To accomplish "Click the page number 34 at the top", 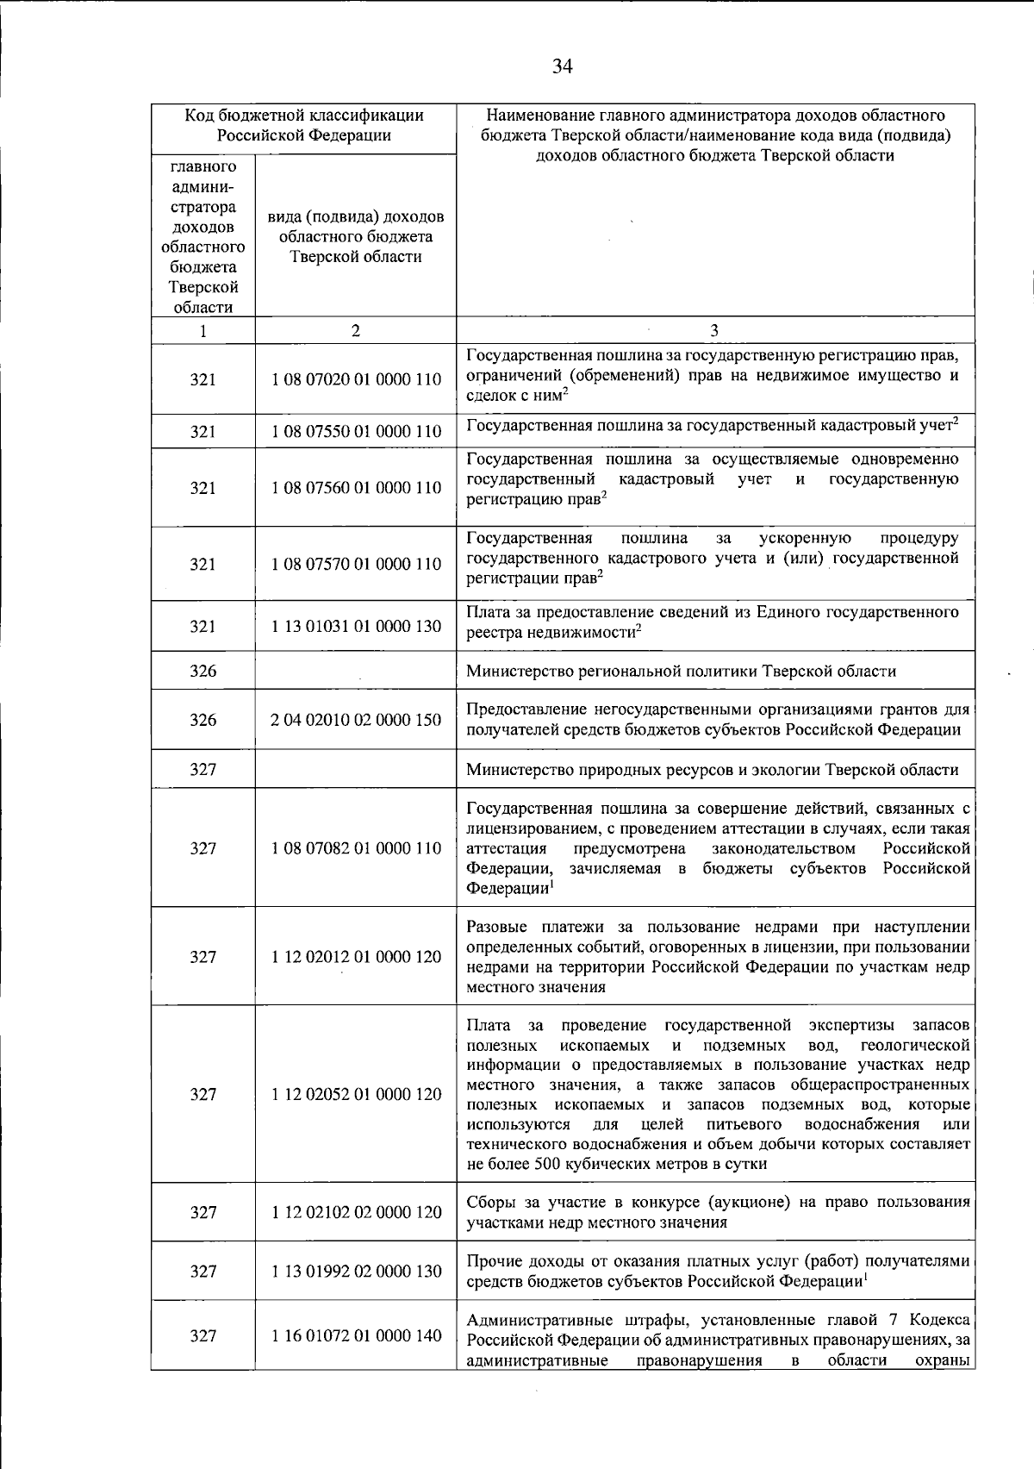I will click(563, 67).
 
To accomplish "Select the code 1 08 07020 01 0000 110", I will click(356, 380).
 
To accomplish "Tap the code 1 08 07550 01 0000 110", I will click(356, 432).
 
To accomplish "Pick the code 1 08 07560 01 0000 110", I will click(356, 488).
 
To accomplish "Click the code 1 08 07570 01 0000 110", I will click(356, 565).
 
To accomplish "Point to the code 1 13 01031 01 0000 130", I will click(356, 627).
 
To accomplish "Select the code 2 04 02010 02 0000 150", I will click(356, 720).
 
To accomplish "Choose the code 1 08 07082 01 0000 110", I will click(356, 848).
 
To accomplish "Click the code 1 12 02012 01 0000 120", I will click(356, 957).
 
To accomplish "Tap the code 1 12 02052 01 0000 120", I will click(356, 1095).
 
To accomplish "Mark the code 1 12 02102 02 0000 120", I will click(356, 1213).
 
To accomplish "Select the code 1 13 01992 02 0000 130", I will click(356, 1272).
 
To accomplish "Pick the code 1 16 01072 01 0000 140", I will click(356, 1336).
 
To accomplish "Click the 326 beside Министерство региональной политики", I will click(203, 672).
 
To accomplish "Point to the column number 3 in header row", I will click(714, 331).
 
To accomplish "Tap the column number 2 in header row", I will click(355, 331).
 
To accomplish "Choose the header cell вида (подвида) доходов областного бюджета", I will click(356, 236).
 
